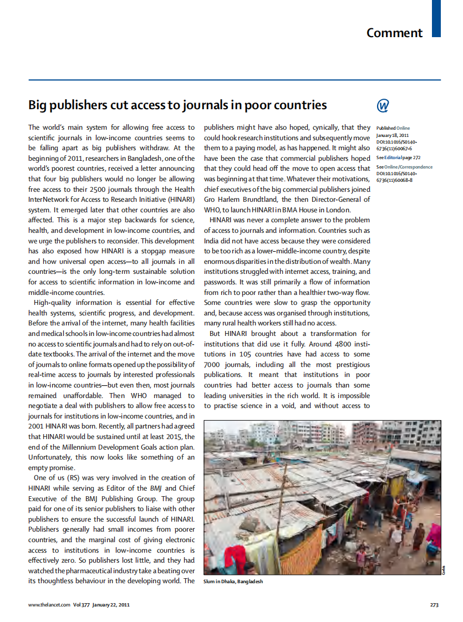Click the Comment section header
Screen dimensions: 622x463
pyautogui.click(x=394, y=33)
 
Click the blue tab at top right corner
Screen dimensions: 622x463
pyautogui.click(x=436, y=18)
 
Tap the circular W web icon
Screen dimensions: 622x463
pyautogui.click(x=383, y=105)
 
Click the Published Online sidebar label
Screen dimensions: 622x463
pyautogui.click(x=393, y=128)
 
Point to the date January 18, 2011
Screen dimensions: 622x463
pyautogui.click(x=392, y=135)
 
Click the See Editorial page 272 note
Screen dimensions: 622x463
pyautogui.click(x=398, y=158)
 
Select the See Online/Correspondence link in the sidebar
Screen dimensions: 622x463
pyautogui.click(x=404, y=167)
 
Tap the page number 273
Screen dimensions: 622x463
pyautogui.click(x=434, y=605)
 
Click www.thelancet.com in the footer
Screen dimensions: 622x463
pyautogui.click(x=49, y=605)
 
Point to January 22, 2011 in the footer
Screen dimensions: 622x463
pyautogui.click(x=111, y=605)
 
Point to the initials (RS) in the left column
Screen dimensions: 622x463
pyautogui.click(x=74, y=477)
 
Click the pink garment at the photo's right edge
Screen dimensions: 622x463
pyautogui.click(x=434, y=535)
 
